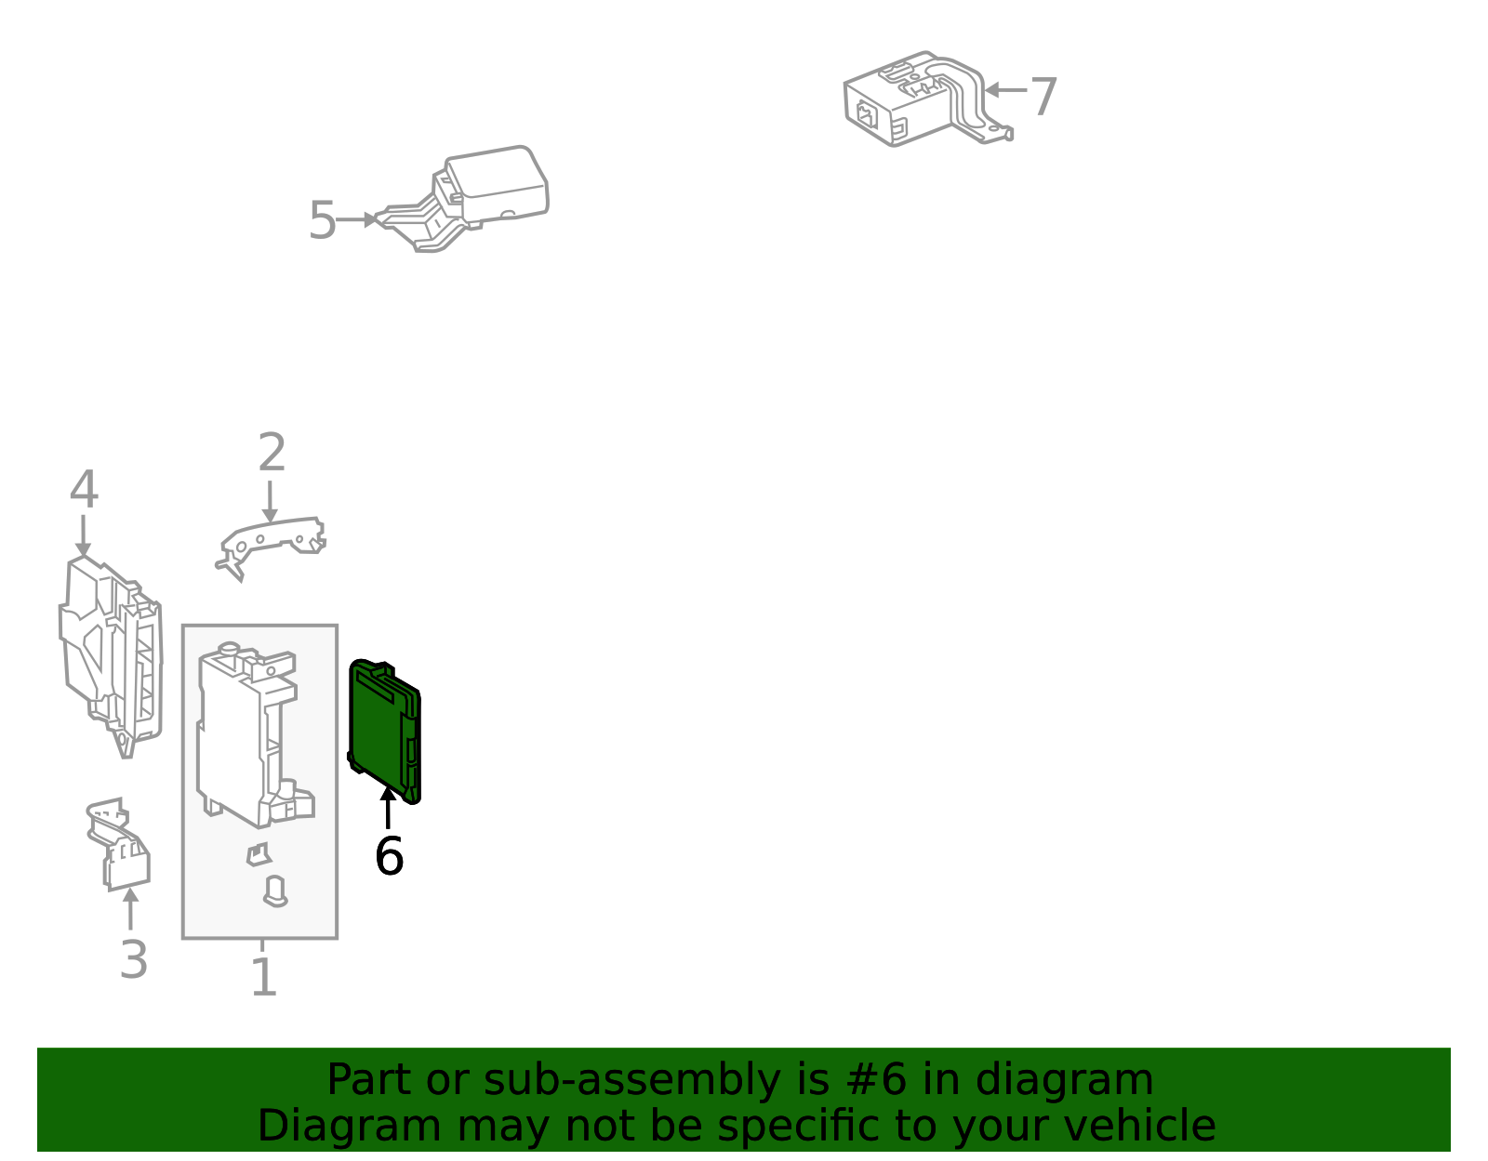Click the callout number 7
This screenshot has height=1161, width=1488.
point(1043,98)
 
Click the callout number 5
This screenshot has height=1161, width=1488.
point(323,220)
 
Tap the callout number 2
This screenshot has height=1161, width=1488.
point(272,452)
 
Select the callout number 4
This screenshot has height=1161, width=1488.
point(84,489)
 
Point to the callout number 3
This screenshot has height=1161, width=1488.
point(134,959)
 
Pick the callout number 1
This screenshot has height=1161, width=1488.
point(264,977)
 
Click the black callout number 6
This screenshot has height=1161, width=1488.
point(389,855)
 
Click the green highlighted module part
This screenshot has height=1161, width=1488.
point(384,732)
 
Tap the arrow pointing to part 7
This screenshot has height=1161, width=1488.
point(1006,89)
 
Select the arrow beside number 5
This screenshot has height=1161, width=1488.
point(356,219)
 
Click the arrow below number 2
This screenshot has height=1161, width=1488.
point(270,502)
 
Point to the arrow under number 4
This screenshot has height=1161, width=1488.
point(83,536)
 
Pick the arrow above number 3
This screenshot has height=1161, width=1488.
point(130,908)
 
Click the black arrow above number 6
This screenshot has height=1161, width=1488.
point(388,808)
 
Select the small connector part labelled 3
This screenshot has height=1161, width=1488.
point(119,844)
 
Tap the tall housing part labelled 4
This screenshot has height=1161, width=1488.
point(111,657)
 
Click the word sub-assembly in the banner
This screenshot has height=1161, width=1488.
point(632,1079)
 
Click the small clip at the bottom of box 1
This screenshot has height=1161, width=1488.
point(275,892)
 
